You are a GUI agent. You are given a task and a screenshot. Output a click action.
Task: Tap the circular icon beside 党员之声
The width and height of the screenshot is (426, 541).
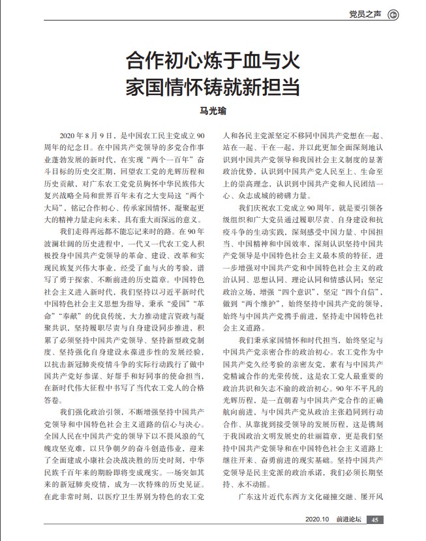(x=393, y=14)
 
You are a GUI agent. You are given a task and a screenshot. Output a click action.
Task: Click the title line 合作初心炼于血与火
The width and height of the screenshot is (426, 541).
(x=213, y=63)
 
